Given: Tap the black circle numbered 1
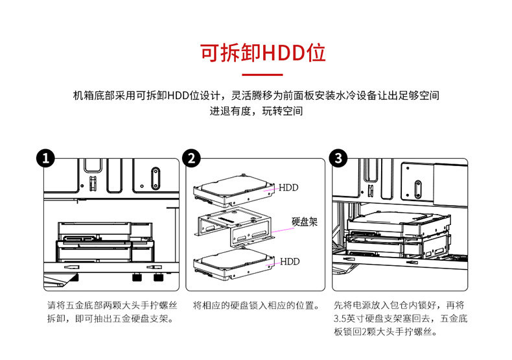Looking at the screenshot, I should coord(45,158).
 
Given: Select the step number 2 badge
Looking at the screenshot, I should coord(191,158).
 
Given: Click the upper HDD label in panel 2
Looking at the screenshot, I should coord(289,188).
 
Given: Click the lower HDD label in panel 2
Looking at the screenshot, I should coord(289,262).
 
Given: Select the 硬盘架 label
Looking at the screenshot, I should coord(305,222).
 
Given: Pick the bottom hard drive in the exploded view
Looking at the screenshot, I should coord(233,263).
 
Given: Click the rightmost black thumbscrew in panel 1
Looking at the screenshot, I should coord(157,278).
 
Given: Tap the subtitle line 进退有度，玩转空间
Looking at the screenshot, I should coord(256,112).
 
